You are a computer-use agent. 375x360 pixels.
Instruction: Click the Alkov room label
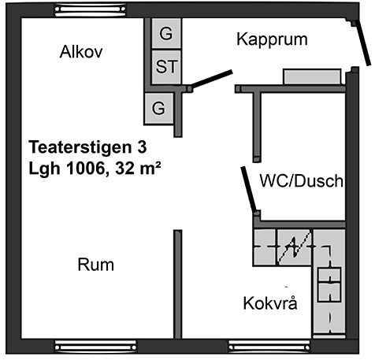pos(81,52)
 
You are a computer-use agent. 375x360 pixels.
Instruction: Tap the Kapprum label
pos(272,39)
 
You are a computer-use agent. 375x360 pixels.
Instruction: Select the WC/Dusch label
pos(302,180)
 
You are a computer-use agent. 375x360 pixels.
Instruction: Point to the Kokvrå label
pos(270,302)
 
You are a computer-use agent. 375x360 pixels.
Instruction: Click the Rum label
pos(96,265)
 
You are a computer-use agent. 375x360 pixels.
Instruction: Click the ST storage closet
pos(166,67)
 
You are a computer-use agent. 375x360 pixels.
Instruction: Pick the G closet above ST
pos(166,34)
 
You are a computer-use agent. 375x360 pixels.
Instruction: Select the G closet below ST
pos(158,109)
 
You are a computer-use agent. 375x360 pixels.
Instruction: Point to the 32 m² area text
pos(138,168)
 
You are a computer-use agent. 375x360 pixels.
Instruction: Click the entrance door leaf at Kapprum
pos(362,43)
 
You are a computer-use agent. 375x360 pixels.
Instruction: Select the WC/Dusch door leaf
pos(248,189)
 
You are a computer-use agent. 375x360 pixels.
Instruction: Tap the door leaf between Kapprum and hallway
pos(212,79)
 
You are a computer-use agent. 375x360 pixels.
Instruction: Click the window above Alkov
pos(91,10)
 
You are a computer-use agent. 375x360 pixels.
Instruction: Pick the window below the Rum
pos(96,347)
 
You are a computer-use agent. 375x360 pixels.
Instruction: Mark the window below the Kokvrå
pos(269,347)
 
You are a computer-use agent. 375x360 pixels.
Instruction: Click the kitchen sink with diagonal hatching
pos(295,247)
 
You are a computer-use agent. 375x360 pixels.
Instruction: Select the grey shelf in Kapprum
pos(313,76)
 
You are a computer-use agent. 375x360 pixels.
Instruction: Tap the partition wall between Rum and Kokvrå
pos(178,284)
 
